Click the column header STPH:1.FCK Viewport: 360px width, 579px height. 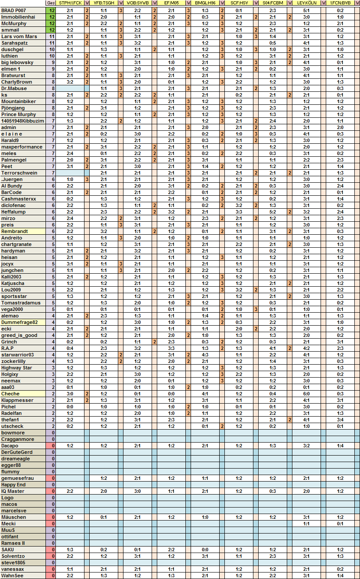tap(70, 3)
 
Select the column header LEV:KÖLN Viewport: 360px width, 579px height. tap(306, 3)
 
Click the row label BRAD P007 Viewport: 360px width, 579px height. tap(14, 10)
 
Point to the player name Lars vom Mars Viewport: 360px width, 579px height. tap(19, 36)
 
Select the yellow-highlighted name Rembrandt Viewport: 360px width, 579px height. tap(15, 231)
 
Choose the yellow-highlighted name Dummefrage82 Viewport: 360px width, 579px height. tap(19, 322)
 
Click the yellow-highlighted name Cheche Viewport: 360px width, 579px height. tap(10, 394)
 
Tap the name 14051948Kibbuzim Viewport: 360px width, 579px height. tap(23, 121)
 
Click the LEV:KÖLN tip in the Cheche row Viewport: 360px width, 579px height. tap(306, 394)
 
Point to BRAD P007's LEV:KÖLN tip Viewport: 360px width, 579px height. tap(306, 10)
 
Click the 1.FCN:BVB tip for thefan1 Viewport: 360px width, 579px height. tap(340, 420)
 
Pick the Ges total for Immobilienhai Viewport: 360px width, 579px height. tap(52, 16)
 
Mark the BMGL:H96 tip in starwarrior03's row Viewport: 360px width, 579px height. tap(205, 355)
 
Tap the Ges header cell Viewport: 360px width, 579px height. tap(51, 3)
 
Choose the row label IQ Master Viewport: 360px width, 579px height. tap(13, 491)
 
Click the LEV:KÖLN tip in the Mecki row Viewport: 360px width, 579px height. tap(306, 524)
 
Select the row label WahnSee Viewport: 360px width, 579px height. tap(12, 576)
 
